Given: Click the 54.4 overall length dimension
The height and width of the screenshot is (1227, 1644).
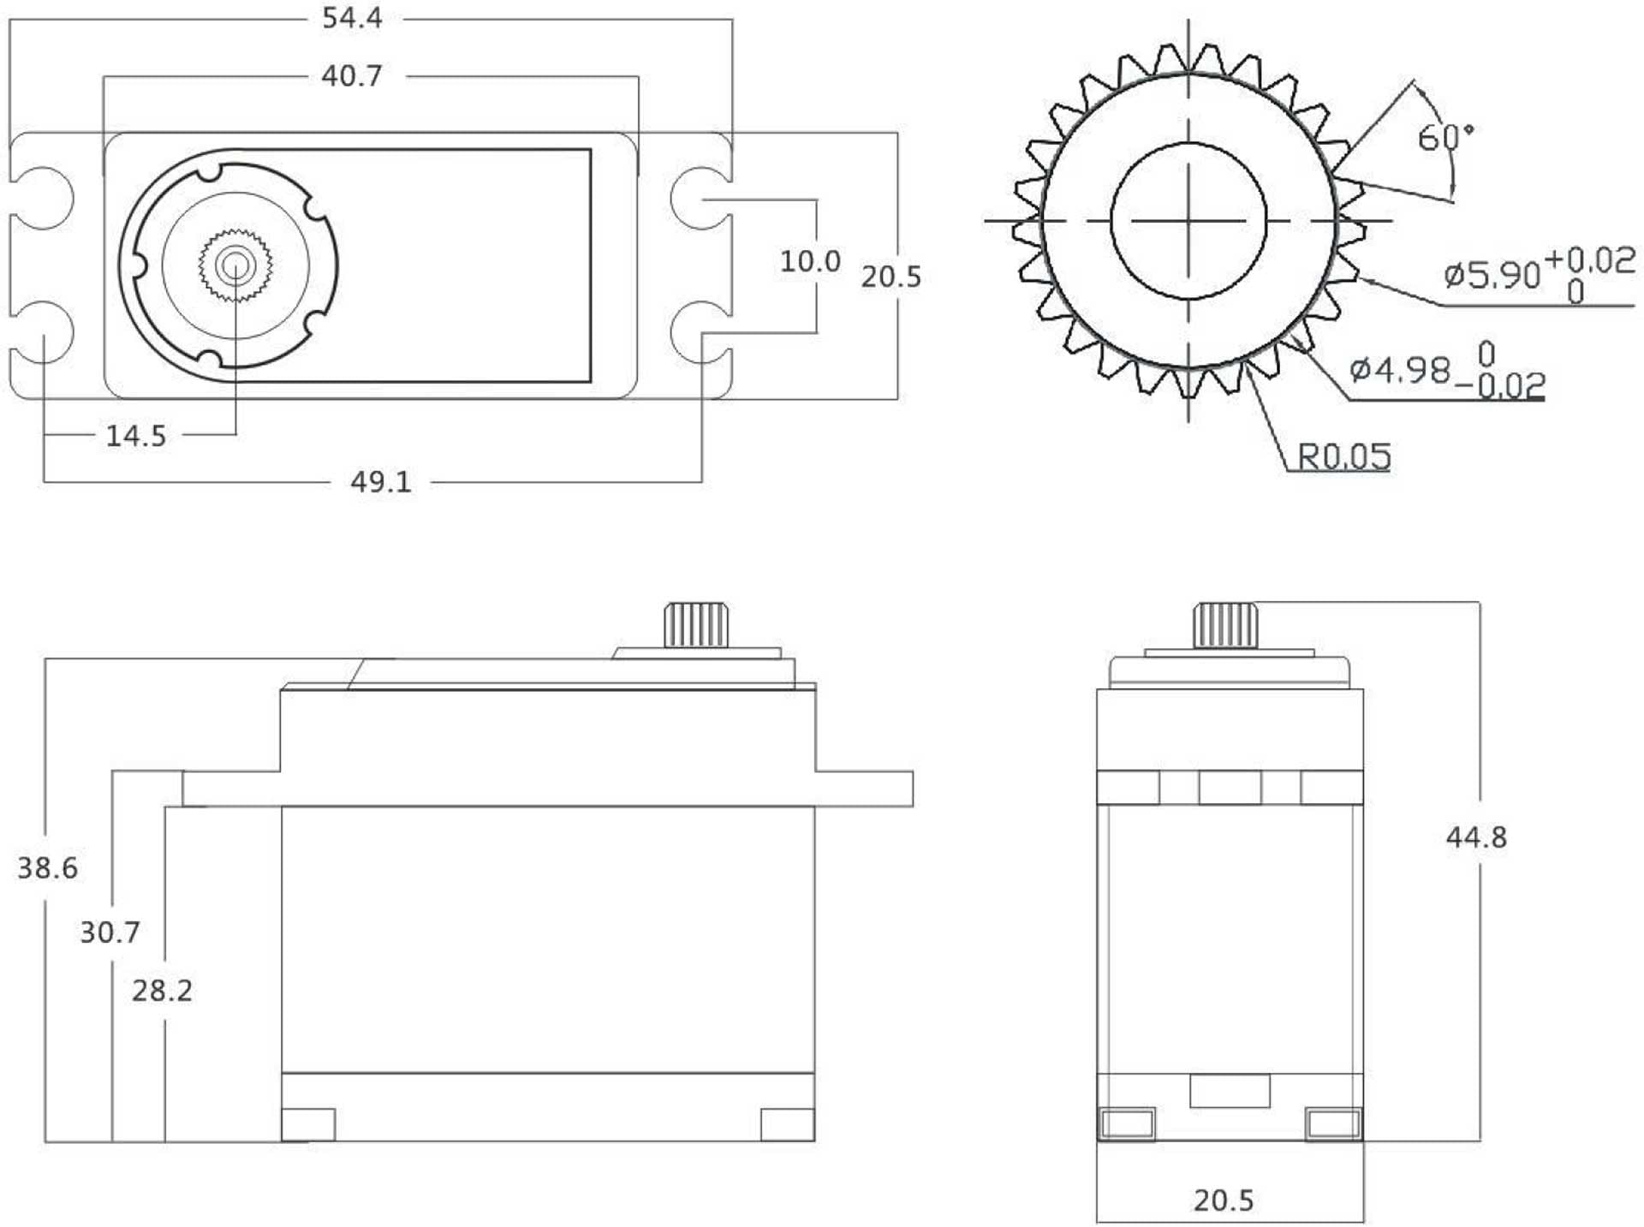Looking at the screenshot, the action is click(x=352, y=18).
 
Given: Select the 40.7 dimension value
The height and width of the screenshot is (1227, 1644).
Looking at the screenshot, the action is click(x=352, y=76).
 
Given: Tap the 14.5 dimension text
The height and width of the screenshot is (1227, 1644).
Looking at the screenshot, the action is click(x=136, y=436).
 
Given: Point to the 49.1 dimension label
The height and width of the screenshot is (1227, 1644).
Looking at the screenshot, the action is click(x=381, y=482).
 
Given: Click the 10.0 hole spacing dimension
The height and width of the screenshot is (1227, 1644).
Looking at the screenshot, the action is click(x=810, y=261).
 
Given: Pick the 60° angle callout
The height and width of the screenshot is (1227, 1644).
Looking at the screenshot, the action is click(x=1445, y=137).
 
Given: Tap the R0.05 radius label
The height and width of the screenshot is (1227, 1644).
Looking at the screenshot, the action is click(x=1344, y=456).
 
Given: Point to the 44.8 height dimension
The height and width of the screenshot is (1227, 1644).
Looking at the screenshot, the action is click(x=1476, y=837).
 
